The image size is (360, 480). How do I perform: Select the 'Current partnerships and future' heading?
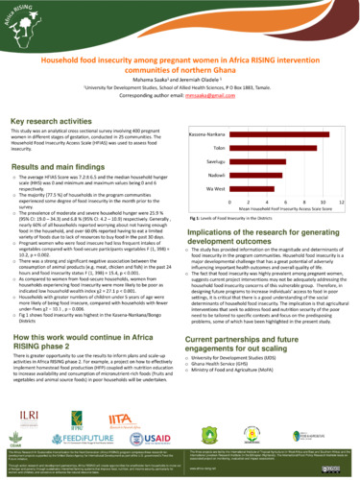click(258, 342)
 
